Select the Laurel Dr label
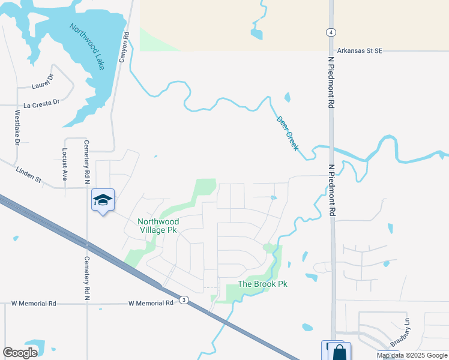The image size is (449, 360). click(x=43, y=82)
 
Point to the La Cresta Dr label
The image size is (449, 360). click(x=42, y=103)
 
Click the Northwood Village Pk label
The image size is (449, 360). click(x=158, y=226)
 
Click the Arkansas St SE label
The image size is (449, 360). click(x=358, y=51)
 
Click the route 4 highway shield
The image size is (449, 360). click(x=331, y=32)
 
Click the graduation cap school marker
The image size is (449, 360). click(x=103, y=200)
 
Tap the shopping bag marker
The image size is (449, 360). click(x=339, y=352)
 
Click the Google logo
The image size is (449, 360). click(x=20, y=353)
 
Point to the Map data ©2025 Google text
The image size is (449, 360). click(x=411, y=355)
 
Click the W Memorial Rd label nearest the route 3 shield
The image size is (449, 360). click(x=151, y=304)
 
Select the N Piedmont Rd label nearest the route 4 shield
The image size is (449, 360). click(x=330, y=76)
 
